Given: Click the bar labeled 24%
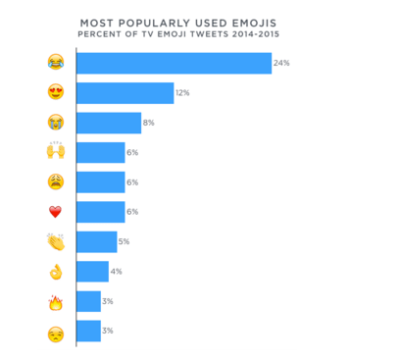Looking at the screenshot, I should click(174, 63).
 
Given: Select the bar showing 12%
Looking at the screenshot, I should click(125, 93).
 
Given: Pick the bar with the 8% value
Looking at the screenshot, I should click(108, 123).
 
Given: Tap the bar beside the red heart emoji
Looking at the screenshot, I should click(100, 212).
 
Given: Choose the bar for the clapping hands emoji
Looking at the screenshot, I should click(96, 241).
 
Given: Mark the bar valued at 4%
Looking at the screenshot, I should click(92, 271).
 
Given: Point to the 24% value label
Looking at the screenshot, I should click(281, 63).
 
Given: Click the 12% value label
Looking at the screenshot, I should click(181, 93).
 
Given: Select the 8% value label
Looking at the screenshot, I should click(148, 123).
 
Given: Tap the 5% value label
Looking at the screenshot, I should click(124, 241).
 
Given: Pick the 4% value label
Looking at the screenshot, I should click(116, 271).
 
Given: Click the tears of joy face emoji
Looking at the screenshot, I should click(55, 63).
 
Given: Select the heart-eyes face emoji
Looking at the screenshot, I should click(55, 93).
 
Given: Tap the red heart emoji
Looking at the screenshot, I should click(55, 212).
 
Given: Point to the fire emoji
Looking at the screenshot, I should click(55, 302).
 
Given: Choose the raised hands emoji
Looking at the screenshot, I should click(55, 152).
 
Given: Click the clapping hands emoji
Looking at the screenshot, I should click(55, 241).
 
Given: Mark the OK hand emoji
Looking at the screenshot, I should click(55, 272).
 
